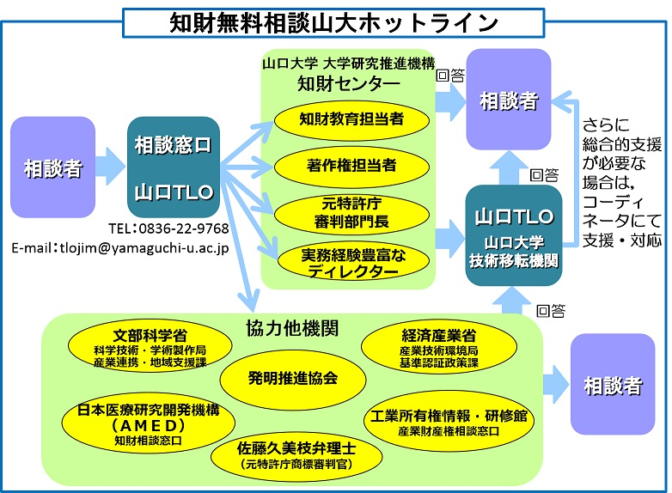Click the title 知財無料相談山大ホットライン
[334, 21]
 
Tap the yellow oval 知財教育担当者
[351, 119]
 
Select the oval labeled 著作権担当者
[351, 165]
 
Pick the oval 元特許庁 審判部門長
[351, 213]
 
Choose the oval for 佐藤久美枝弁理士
[296, 455]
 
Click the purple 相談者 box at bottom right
[612, 385]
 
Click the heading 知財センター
[348, 83]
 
